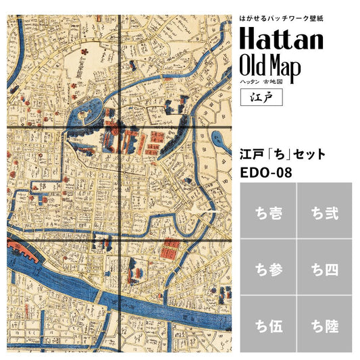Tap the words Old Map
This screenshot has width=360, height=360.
pyautogui.click(x=273, y=66)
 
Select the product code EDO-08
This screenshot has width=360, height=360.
pyautogui.click(x=266, y=173)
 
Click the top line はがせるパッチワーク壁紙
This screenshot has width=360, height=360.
pyautogui.click(x=282, y=15)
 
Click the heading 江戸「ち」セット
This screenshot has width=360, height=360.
pyautogui.click(x=283, y=154)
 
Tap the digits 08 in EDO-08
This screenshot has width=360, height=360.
pyautogui.click(x=284, y=173)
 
